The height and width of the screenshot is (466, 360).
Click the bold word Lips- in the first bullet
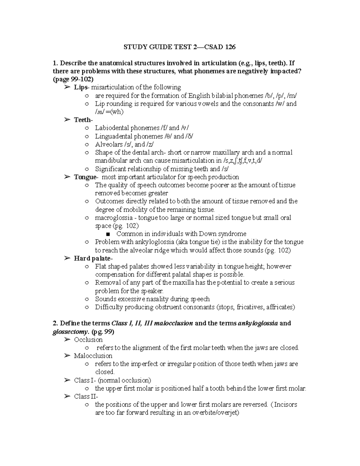pos(81,87)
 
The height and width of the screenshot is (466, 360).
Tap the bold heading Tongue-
pos(86,177)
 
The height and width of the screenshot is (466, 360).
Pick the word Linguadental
pos(114,136)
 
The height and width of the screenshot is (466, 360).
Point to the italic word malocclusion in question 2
pos(173,323)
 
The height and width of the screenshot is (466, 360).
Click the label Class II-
pos(86,396)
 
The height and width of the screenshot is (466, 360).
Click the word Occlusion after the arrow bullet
pos(88,340)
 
